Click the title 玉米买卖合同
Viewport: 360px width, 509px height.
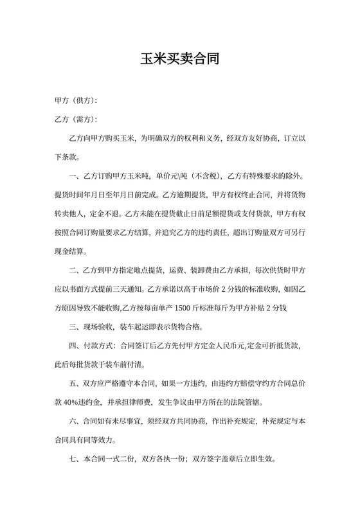tap(180, 60)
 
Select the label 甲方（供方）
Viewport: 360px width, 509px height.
tap(76, 102)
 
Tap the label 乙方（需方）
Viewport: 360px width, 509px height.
tap(76, 120)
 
